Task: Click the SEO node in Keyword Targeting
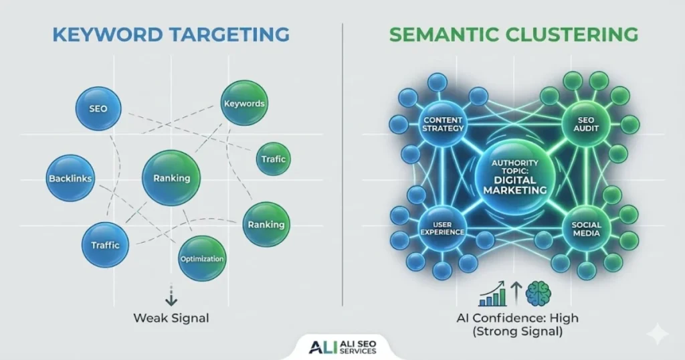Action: coord(98,108)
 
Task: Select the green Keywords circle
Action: coord(244,103)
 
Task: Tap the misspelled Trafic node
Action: coord(274,159)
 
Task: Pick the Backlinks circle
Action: coord(70,179)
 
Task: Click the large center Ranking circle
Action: coord(172,178)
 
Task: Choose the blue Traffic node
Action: coord(105,245)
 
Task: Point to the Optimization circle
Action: coord(202,258)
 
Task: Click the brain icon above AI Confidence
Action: coord(539,293)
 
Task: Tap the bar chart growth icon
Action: coord(494,294)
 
